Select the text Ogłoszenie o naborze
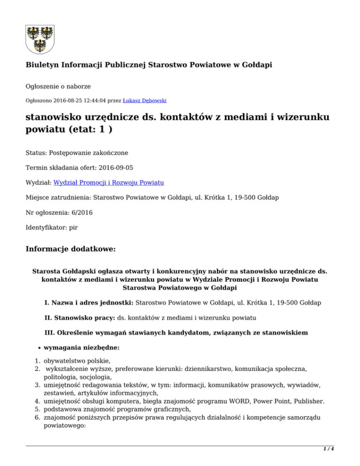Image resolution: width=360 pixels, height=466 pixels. click(58, 86)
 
